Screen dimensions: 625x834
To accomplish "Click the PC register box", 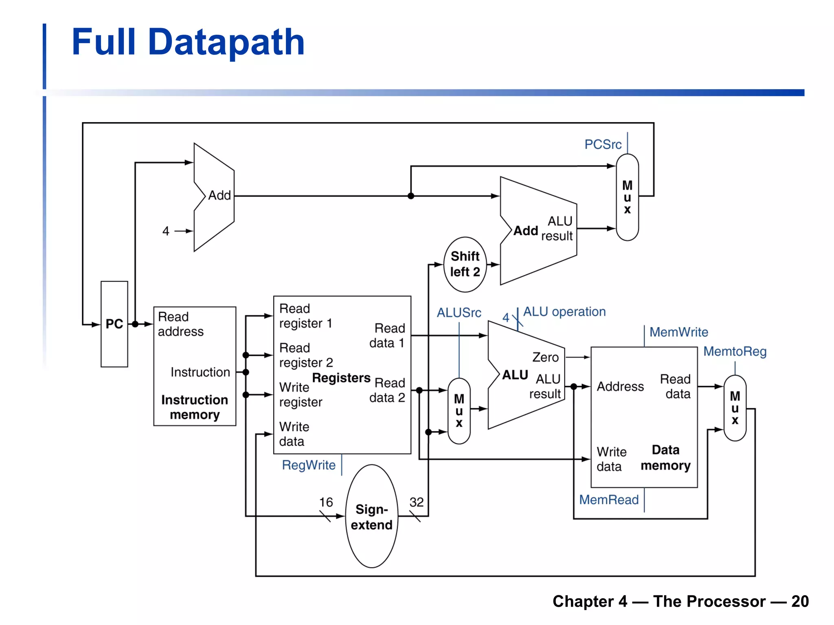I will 114,324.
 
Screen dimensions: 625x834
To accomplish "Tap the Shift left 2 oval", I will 465,264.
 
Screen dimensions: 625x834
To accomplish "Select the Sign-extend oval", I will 371,517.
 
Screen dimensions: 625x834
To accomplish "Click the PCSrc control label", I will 603,144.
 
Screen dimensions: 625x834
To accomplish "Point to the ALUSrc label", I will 459,312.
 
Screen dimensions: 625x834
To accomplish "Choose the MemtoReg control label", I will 735,351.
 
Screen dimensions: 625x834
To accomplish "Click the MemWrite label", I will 678,332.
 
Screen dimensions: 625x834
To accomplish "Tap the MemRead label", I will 609,500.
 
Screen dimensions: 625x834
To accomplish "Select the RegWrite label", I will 309,465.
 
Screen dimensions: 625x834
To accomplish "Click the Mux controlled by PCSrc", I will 627,197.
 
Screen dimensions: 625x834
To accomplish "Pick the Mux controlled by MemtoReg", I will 735,408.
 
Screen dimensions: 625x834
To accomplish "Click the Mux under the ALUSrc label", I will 459,411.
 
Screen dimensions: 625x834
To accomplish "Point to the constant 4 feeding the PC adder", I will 166,231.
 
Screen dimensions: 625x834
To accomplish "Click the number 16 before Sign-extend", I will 326,502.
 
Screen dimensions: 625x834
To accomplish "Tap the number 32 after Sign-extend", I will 416,502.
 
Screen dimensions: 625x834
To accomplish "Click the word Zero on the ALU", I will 545,357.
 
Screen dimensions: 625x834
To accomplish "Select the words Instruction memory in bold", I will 195,407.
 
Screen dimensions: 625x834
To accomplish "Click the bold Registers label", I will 341,378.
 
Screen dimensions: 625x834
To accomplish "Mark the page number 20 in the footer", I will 800,601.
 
